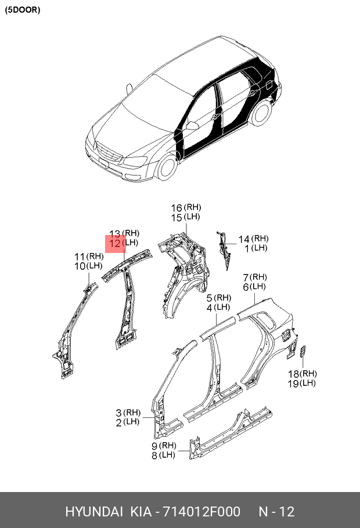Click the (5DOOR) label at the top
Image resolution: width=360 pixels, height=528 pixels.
click(x=22, y=10)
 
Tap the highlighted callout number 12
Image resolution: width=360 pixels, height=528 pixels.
click(x=115, y=243)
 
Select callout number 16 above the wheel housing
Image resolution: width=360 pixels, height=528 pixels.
click(x=177, y=208)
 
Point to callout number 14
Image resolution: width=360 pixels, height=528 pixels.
click(x=244, y=240)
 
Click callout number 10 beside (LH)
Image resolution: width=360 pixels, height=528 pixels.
click(x=80, y=266)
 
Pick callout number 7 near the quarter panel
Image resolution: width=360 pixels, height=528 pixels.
click(x=246, y=278)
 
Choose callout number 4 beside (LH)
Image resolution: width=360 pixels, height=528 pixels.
click(x=210, y=308)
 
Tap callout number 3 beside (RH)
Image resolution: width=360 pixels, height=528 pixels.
click(x=118, y=413)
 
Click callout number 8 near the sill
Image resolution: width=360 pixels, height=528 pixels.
click(x=154, y=456)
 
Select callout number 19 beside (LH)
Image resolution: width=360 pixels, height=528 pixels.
click(x=294, y=384)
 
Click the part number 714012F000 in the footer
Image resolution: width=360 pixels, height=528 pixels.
click(x=201, y=512)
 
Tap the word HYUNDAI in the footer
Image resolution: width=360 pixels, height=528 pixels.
click(x=94, y=512)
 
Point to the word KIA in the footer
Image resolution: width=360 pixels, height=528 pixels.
click(x=141, y=512)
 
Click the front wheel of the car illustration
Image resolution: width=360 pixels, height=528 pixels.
click(x=167, y=167)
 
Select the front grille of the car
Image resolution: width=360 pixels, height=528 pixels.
click(x=109, y=155)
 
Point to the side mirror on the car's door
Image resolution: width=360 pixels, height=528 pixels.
click(x=192, y=126)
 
